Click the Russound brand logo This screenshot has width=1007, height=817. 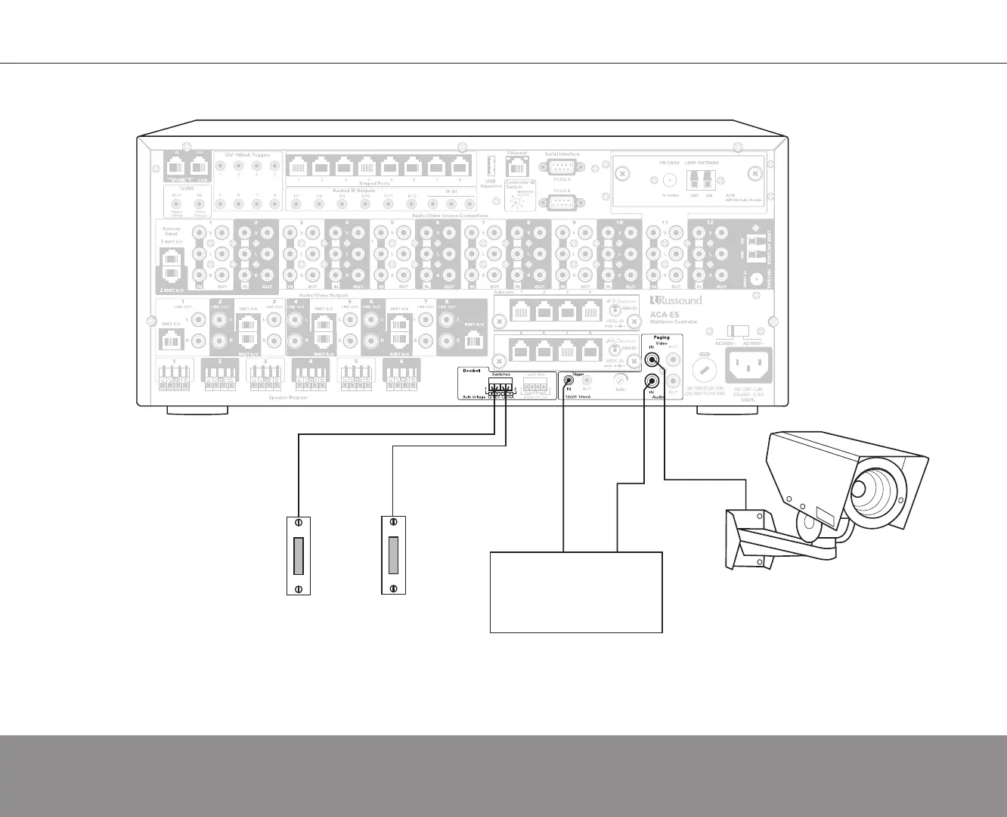(x=675, y=300)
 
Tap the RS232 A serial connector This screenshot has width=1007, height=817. (x=561, y=168)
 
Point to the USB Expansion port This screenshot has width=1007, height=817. (x=488, y=166)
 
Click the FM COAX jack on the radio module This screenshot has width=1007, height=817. (x=669, y=180)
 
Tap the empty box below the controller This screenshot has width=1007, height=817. (x=576, y=592)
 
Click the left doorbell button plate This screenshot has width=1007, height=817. (x=299, y=555)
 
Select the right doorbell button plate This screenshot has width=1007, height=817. (x=393, y=555)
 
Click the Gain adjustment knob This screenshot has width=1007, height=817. (x=620, y=381)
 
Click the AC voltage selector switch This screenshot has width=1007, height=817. (x=737, y=331)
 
